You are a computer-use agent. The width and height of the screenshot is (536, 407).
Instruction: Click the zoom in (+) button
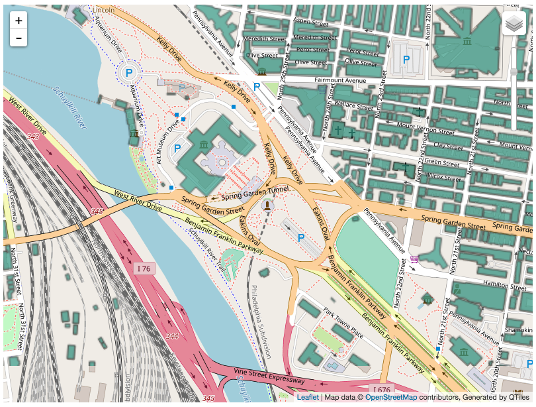coord(19,21)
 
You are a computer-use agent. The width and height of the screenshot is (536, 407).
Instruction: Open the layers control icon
coord(514,25)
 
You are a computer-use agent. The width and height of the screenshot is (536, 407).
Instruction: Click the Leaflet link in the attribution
coord(307,397)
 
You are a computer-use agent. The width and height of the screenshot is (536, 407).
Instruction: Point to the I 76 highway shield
coord(144,268)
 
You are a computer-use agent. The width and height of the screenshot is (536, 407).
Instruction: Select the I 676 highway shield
coord(382,389)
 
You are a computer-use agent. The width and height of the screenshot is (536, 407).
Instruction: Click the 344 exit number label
coord(172,336)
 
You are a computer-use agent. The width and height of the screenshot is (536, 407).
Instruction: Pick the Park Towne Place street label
coord(343,323)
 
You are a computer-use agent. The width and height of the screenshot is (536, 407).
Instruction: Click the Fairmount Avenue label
coord(340,80)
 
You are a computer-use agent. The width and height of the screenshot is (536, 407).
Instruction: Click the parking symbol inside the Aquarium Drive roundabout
coord(130,72)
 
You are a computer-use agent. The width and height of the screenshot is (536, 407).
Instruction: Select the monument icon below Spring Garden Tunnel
coord(267,205)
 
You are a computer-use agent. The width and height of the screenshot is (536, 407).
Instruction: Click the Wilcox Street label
coord(443,177)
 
